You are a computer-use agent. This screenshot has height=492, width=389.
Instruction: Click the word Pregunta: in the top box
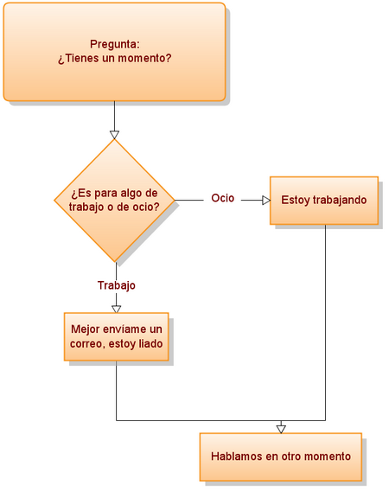click(114, 43)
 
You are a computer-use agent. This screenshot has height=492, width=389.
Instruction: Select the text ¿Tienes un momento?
click(114, 58)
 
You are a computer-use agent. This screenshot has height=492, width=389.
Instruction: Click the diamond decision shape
click(115, 200)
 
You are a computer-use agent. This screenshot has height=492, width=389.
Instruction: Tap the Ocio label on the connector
click(222, 198)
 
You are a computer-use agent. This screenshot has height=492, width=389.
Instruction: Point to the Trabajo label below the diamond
click(116, 284)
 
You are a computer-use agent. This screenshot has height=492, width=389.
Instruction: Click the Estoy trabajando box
click(324, 200)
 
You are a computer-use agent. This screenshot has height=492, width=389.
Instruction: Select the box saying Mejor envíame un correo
click(116, 336)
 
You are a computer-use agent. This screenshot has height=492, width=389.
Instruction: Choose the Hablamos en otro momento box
click(281, 457)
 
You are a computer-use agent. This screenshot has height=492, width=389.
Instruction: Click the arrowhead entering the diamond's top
click(115, 134)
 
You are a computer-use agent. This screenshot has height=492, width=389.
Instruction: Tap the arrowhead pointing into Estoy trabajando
click(266, 200)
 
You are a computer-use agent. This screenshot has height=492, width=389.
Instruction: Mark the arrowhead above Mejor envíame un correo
click(116, 307)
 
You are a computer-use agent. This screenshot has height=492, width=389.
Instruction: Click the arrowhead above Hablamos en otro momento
click(281, 428)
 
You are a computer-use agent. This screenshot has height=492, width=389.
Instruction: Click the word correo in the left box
click(88, 344)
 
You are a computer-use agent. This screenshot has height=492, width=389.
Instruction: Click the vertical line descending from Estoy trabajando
click(325, 320)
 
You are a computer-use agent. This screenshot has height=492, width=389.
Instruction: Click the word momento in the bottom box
click(328, 457)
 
